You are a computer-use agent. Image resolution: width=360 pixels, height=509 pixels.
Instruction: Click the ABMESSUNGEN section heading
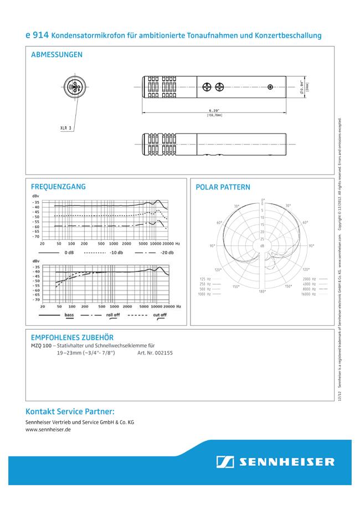point(57,55)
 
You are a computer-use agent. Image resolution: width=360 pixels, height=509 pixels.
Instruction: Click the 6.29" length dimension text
point(214,110)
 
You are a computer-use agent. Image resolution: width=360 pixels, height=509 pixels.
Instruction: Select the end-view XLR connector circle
point(75,87)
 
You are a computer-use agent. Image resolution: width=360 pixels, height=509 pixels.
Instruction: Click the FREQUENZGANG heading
point(59,187)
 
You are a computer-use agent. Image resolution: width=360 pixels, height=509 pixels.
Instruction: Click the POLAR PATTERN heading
point(223,187)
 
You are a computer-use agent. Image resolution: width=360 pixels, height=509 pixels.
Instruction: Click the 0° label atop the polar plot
point(263,200)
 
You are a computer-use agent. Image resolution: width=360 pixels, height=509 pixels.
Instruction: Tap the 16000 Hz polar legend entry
point(309,294)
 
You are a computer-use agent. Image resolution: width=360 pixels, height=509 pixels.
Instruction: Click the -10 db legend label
point(116,253)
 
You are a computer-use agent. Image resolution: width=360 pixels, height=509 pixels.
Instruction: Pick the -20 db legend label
point(167,253)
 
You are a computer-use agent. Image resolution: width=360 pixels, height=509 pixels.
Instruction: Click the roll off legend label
point(113,315)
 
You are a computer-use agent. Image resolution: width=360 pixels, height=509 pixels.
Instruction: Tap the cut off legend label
point(160,315)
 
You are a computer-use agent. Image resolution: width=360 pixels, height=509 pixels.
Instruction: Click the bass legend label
point(69,315)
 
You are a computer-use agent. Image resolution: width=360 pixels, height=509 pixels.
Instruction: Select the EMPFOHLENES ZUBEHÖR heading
point(73,337)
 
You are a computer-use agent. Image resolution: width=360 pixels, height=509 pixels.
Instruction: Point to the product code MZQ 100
point(42,345)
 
